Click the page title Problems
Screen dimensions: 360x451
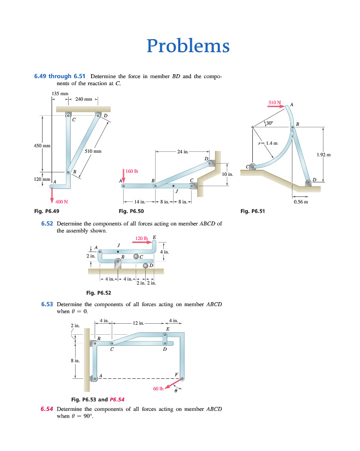click(188, 46)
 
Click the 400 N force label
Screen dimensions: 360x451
click(62, 201)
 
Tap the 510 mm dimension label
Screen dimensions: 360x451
click(93, 151)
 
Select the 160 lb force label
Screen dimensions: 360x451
click(132, 171)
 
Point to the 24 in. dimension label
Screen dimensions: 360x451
click(183, 151)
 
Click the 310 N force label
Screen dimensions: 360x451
click(274, 102)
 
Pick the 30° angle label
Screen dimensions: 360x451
click(269, 123)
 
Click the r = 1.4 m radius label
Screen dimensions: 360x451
click(268, 143)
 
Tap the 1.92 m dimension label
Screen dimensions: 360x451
click(323, 155)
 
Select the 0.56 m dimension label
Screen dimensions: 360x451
click(301, 201)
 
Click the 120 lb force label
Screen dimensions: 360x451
click(141, 239)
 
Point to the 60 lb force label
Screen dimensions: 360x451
click(158, 388)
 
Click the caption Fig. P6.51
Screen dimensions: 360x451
click(252, 211)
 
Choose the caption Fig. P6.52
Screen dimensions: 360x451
click(99, 293)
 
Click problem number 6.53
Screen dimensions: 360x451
click(47, 304)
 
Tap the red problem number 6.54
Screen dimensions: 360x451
click(47, 409)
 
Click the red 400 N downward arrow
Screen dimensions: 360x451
click(52, 195)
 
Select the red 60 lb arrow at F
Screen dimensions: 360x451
click(172, 384)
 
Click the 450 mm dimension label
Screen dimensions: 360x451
click(42, 145)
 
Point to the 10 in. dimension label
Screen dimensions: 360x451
click(227, 174)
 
